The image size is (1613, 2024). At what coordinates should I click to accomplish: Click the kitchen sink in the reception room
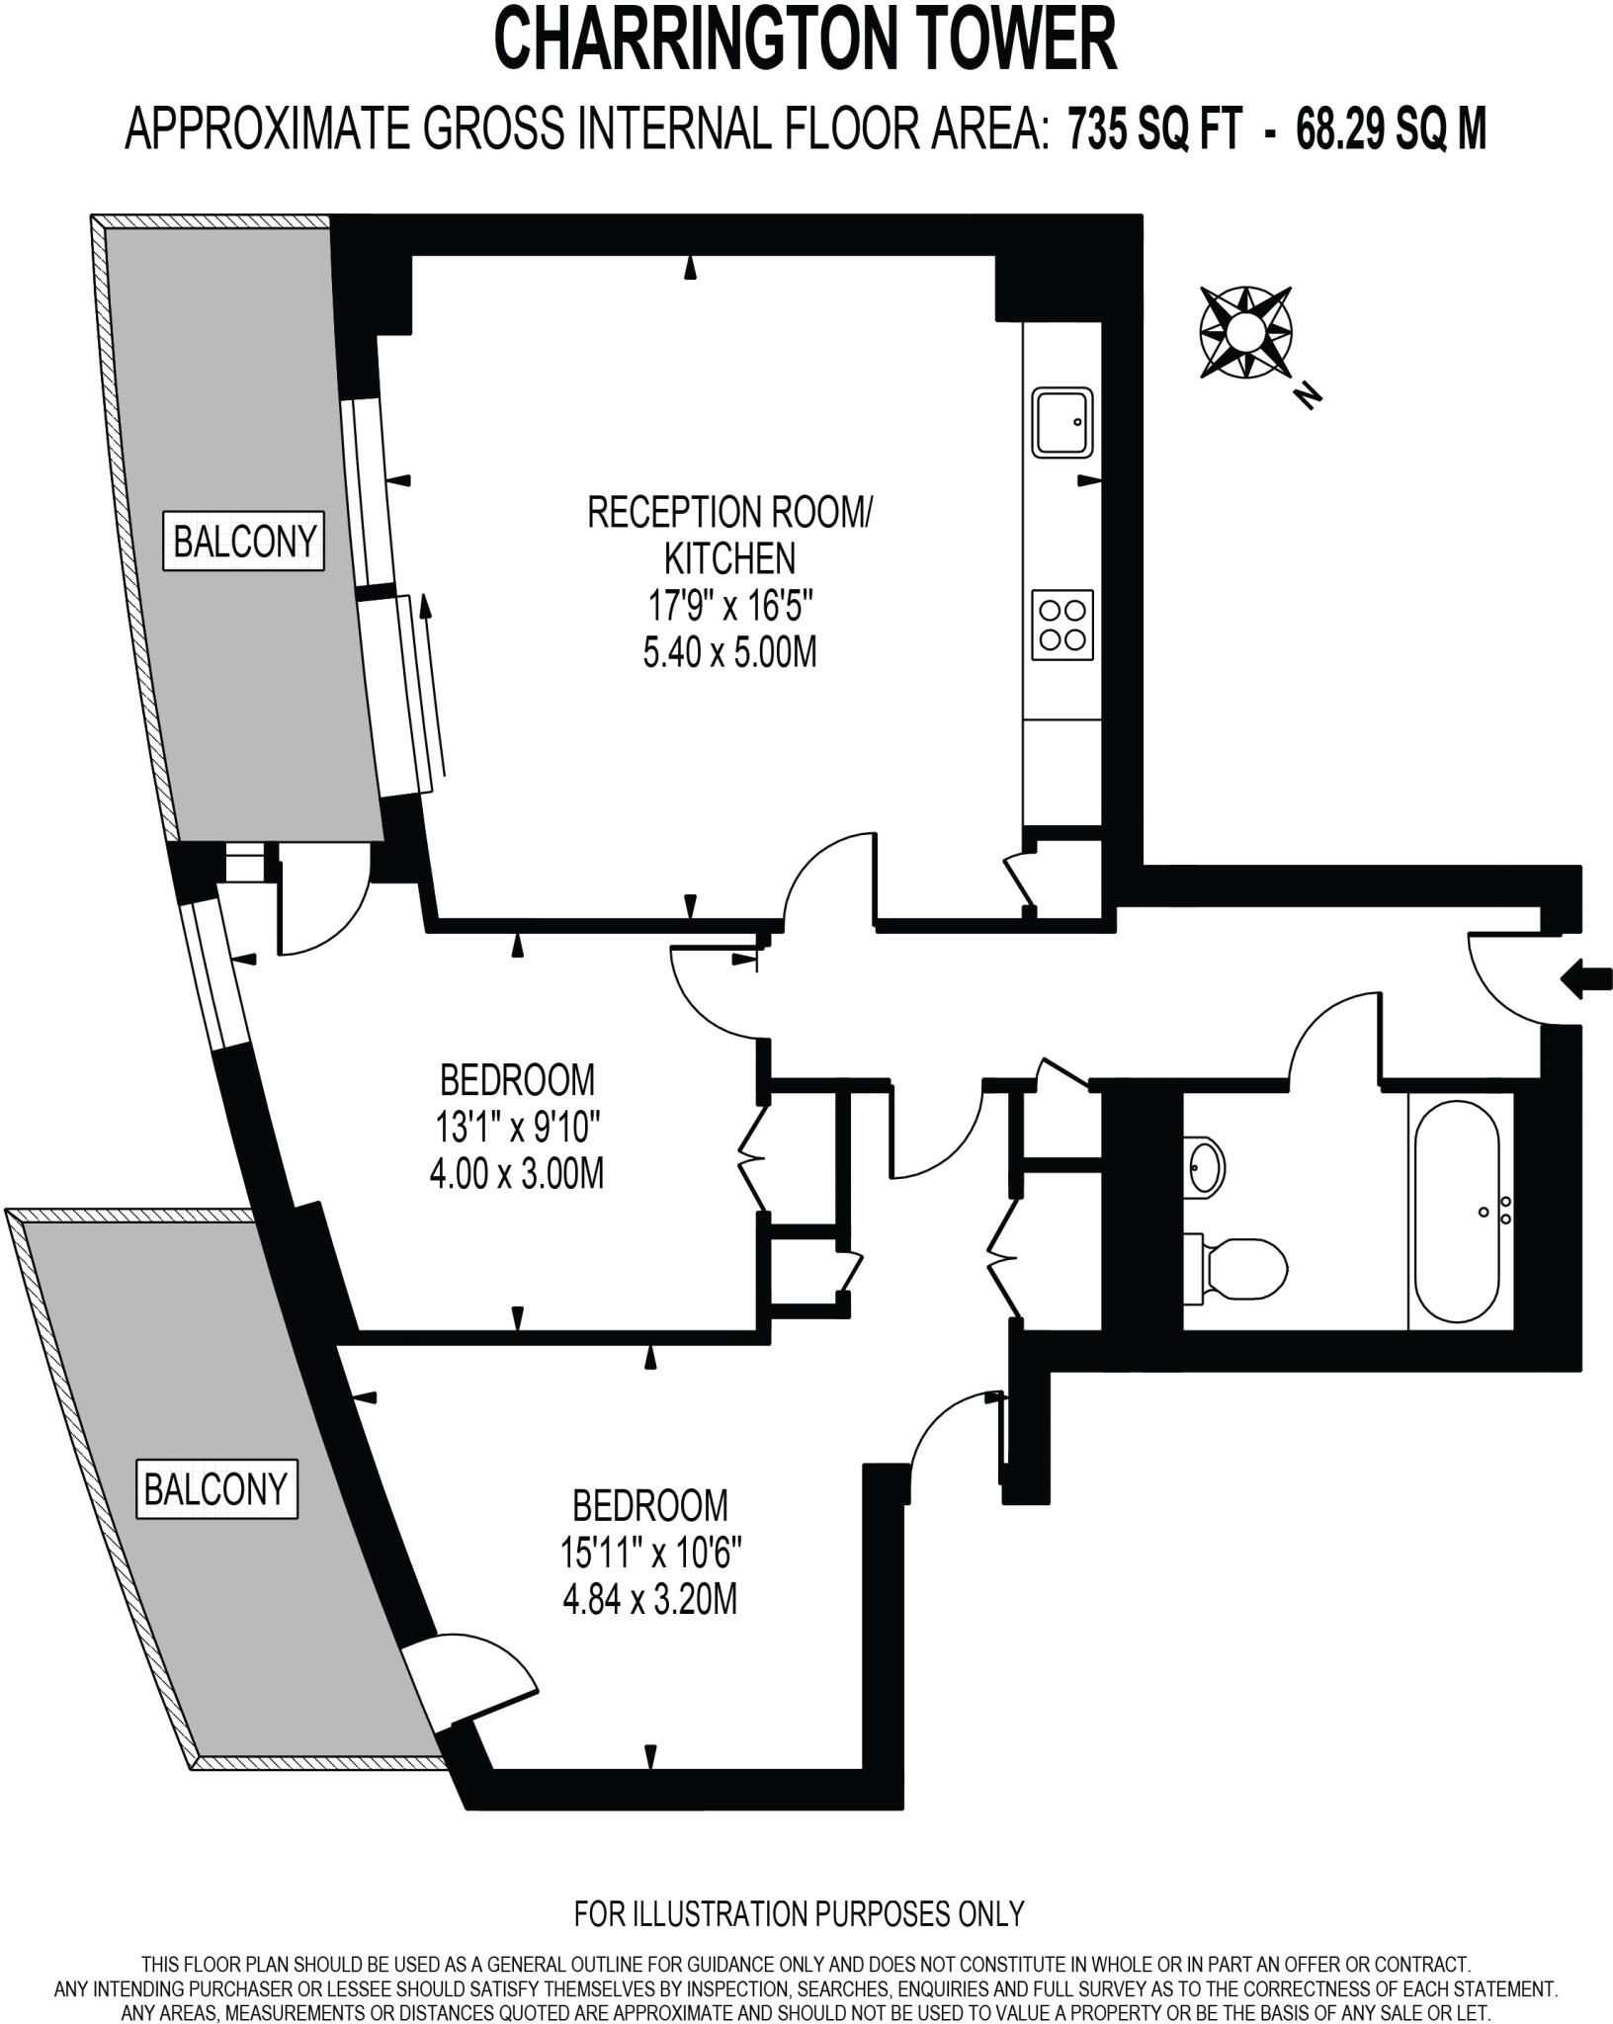click(x=1062, y=422)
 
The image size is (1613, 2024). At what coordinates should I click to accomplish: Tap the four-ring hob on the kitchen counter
click(x=1062, y=625)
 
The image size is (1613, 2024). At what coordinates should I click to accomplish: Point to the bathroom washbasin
click(x=1205, y=1166)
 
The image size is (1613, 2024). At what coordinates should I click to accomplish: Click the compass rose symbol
click(x=1246, y=332)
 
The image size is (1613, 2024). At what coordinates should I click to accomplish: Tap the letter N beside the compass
click(x=1309, y=395)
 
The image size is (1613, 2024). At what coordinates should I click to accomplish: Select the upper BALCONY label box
click(x=244, y=541)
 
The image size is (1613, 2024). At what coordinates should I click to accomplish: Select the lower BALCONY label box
click(x=215, y=1488)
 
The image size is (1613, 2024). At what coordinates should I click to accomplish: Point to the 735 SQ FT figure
click(x=1153, y=129)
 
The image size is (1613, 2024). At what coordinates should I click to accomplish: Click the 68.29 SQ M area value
click(x=1391, y=129)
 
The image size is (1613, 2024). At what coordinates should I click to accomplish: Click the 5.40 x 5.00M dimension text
click(x=729, y=652)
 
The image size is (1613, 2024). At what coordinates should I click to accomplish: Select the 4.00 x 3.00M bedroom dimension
click(x=517, y=1174)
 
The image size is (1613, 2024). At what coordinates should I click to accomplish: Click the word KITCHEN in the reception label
click(x=729, y=558)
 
